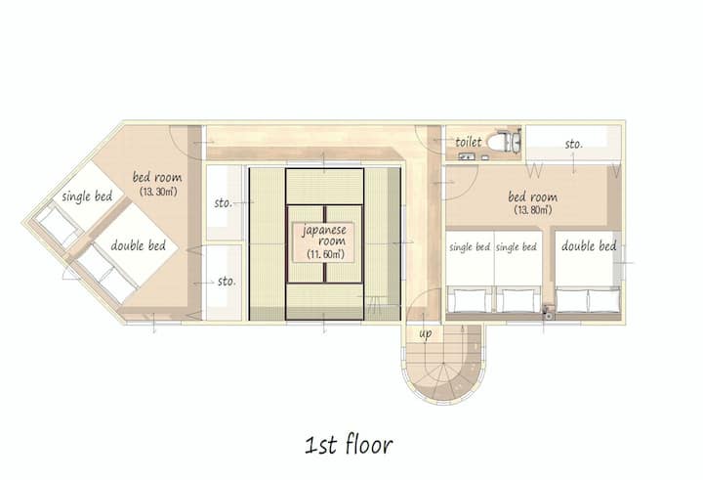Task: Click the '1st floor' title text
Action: [349, 445]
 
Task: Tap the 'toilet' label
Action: [469, 143]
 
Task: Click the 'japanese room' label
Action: [324, 236]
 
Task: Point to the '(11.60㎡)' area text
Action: [325, 254]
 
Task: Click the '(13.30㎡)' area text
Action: [158, 192]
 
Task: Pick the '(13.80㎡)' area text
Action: [533, 209]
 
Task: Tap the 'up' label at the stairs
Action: [426, 333]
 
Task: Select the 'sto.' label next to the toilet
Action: [574, 144]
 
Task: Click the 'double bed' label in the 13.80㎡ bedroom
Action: [589, 246]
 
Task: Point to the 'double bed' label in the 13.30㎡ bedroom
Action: [138, 245]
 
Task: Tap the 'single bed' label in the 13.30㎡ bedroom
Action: [87, 196]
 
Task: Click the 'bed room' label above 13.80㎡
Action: [533, 196]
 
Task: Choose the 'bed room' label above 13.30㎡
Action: [157, 177]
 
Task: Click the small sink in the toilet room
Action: [467, 156]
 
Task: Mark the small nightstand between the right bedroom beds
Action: [548, 312]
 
